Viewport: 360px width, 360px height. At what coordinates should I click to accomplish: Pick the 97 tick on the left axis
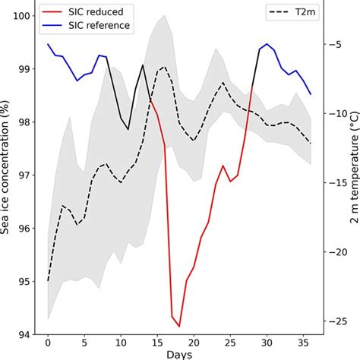pyautogui.click(x=23, y=175)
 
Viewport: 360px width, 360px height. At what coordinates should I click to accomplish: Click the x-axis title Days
pyautogui.click(x=179, y=355)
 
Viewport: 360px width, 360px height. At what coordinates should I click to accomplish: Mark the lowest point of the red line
pyautogui.click(x=179, y=327)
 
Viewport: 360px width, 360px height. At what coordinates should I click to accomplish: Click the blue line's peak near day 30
pyautogui.click(x=267, y=44)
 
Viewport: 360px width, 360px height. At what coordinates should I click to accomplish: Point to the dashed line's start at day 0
pyautogui.click(x=48, y=281)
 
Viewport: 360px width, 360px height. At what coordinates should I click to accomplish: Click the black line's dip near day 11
pyautogui.click(x=128, y=129)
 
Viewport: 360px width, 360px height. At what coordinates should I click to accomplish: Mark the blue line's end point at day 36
pyautogui.click(x=311, y=94)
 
